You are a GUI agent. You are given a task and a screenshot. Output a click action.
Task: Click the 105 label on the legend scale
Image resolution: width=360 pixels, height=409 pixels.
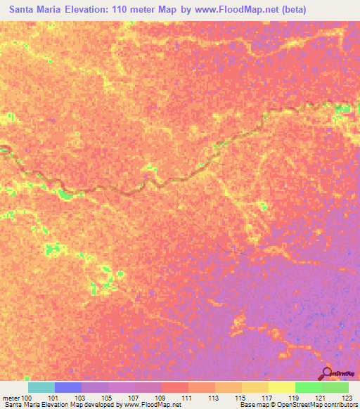(106, 398)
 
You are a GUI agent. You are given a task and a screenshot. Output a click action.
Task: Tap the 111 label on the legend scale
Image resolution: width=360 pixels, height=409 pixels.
(186, 398)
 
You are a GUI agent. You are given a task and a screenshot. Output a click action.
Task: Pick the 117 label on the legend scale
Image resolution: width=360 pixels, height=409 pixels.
(266, 398)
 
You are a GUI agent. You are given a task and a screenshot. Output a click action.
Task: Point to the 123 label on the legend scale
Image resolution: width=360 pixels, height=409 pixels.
(347, 398)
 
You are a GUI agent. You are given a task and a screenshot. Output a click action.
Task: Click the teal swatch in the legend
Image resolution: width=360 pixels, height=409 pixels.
(41, 387)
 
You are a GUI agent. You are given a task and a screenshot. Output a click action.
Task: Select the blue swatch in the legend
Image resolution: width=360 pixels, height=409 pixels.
(68, 387)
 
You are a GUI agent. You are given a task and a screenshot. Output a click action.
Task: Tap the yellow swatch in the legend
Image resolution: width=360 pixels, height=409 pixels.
(282, 387)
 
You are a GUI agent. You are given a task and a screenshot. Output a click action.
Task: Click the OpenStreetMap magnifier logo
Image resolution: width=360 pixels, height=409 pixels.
(328, 374)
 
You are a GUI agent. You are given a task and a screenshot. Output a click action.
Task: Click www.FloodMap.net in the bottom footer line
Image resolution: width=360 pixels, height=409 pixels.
(150, 405)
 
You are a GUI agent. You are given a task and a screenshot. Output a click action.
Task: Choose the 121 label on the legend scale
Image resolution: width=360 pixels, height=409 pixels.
(320, 398)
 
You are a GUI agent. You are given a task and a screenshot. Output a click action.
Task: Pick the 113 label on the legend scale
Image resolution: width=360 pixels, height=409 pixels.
(213, 398)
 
